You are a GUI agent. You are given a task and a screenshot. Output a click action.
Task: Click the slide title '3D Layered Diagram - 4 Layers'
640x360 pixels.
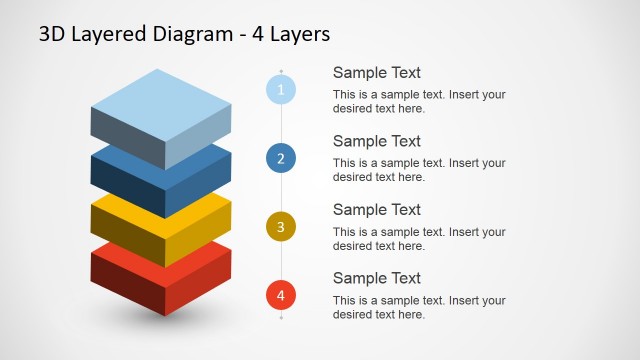(x=184, y=34)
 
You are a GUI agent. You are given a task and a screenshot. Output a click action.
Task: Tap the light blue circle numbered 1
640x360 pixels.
(x=281, y=90)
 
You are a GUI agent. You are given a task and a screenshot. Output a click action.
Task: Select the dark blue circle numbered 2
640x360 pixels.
(x=281, y=158)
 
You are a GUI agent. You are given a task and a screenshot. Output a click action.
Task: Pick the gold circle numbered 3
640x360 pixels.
(x=281, y=227)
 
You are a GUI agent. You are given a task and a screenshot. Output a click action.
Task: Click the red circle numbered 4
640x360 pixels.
(x=281, y=295)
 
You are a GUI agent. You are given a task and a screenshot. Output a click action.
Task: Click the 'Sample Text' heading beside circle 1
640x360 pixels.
(x=376, y=73)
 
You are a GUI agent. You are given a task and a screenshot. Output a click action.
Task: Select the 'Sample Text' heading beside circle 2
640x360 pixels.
(x=376, y=141)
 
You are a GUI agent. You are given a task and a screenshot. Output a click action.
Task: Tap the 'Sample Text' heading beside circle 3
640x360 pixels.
(x=376, y=210)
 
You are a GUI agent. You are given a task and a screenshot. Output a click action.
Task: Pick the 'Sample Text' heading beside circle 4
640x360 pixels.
(x=376, y=278)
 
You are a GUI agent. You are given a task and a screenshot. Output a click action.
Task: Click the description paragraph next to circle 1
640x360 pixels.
(x=419, y=101)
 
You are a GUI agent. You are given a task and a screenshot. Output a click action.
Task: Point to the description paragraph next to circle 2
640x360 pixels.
(x=419, y=170)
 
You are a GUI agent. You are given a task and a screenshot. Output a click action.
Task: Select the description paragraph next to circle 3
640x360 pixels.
(x=419, y=238)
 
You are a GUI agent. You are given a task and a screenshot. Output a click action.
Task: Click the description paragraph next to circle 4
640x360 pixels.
(x=419, y=307)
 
